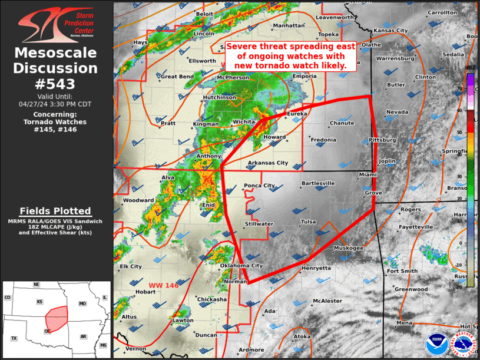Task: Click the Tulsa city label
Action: tap(309, 222)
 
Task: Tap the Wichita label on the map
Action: tap(244, 122)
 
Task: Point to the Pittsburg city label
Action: tap(382, 140)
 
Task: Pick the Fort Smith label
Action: tap(402, 271)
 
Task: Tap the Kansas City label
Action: tap(390, 31)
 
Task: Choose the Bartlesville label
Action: tap(318, 183)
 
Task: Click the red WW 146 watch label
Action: tap(163, 285)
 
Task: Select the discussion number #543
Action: tap(56, 84)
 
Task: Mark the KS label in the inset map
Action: tap(40, 302)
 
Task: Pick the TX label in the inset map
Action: tap(14, 338)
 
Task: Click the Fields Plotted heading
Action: tap(55, 211)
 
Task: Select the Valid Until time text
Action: tap(56, 101)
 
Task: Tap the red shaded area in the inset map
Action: tap(55, 318)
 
